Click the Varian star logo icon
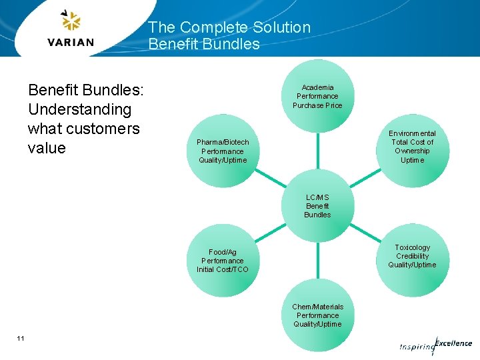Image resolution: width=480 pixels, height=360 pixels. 71,21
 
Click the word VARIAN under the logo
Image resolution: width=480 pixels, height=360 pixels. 71,43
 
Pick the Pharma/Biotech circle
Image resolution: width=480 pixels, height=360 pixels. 223,151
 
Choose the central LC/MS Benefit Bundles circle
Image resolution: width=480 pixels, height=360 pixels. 317,206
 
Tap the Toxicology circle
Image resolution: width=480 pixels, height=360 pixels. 412,256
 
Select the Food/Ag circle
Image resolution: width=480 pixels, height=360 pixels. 223,261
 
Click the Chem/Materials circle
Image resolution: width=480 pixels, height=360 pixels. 317,315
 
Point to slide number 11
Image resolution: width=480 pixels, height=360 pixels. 21,339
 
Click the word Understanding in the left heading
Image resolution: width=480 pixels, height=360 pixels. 80,109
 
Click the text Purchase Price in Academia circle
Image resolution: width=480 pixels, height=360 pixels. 317,105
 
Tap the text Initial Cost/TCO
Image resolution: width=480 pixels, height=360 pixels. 223,269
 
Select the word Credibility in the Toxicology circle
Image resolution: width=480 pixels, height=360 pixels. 412,256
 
